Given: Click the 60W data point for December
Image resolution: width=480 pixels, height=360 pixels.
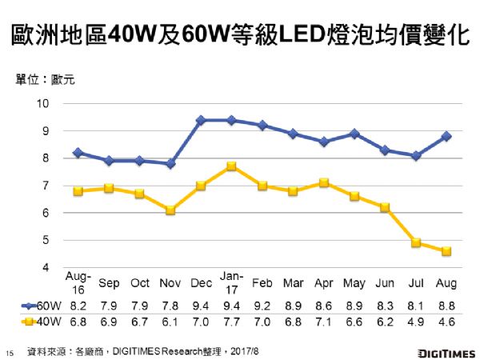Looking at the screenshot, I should (x=201, y=120).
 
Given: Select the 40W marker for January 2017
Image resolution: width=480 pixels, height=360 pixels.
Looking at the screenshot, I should (x=230, y=166).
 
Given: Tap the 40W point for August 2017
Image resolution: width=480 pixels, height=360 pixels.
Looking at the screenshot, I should (x=446, y=251).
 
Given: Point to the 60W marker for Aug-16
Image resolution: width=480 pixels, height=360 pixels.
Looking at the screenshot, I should (x=78, y=153).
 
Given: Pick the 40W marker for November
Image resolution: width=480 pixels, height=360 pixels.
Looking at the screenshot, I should (x=170, y=210).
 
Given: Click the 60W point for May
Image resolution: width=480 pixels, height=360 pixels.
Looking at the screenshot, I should (x=354, y=134).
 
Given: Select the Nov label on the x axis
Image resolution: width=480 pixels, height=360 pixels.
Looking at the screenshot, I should (x=170, y=283).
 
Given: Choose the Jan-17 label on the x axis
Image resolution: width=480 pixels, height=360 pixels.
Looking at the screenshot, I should (x=230, y=278).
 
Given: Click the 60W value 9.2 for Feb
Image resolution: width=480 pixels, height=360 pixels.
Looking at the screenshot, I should (x=262, y=305).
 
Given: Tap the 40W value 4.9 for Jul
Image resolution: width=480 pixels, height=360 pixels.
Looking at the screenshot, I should (x=415, y=322).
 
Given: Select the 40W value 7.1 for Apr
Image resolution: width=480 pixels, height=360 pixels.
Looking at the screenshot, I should (x=323, y=322).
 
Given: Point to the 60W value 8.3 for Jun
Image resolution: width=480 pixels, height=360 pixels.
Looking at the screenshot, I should (x=385, y=305).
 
